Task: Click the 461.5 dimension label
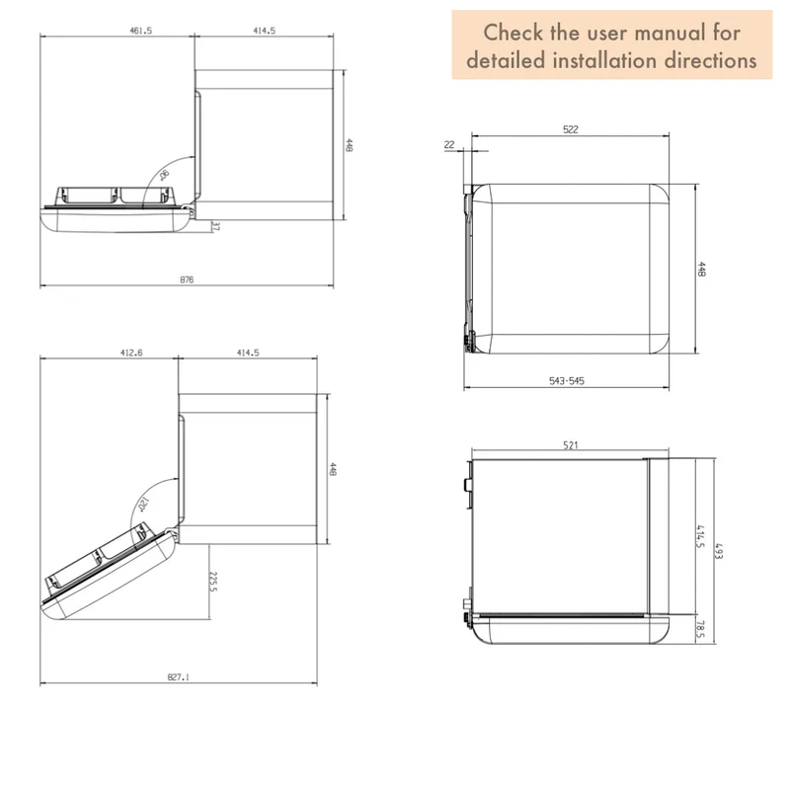click(x=140, y=31)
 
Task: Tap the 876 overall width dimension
click(x=187, y=279)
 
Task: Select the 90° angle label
click(x=164, y=176)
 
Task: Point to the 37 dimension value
click(x=215, y=227)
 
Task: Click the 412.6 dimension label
click(x=131, y=353)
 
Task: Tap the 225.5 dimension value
click(x=213, y=582)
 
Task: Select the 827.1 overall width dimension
click(x=179, y=677)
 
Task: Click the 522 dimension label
click(x=571, y=129)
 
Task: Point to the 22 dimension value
click(x=449, y=144)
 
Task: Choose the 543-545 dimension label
click(x=567, y=381)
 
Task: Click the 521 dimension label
click(x=571, y=445)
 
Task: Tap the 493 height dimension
click(x=719, y=551)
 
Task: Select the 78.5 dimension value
click(x=700, y=629)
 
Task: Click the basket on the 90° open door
click(x=116, y=196)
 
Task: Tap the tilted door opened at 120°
click(x=109, y=572)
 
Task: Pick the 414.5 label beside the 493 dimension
click(x=700, y=536)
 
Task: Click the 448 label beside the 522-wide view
click(x=701, y=269)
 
